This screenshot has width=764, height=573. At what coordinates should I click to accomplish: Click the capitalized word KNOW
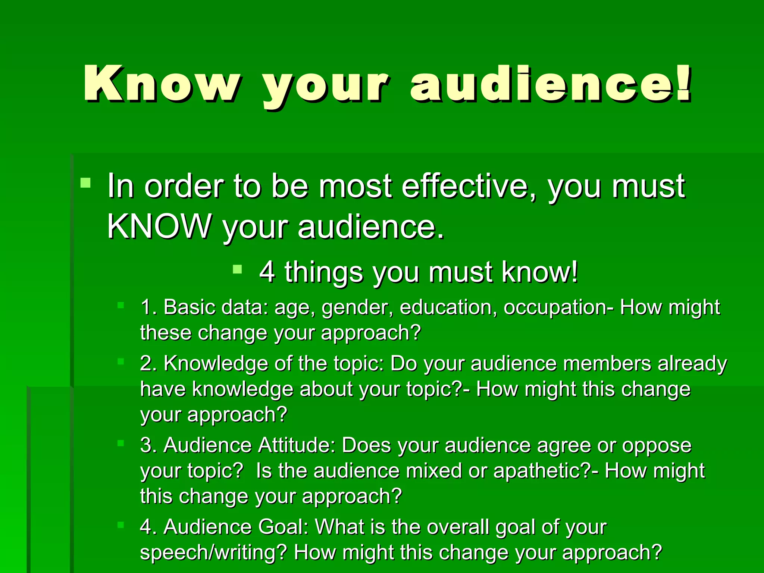point(159,226)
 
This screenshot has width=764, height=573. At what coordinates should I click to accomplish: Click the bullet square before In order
point(85,183)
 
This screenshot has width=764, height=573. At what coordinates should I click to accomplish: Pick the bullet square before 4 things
point(237,269)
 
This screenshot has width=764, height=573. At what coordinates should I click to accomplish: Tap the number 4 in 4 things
point(267,272)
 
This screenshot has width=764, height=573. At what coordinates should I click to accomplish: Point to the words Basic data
point(216,307)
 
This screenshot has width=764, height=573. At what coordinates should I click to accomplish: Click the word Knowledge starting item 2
point(216,364)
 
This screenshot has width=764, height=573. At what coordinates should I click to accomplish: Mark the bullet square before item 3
point(120,443)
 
